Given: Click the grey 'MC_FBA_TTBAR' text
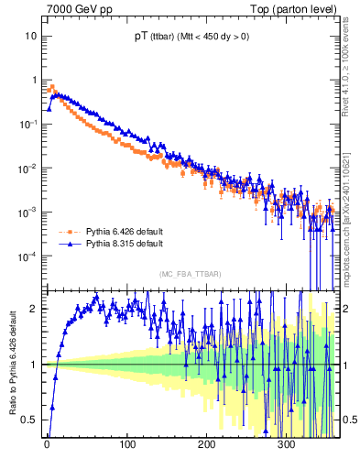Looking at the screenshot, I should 190,275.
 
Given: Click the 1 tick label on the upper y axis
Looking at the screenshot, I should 34,80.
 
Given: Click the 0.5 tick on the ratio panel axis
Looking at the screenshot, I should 29,420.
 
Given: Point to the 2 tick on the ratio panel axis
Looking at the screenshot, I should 34,308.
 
